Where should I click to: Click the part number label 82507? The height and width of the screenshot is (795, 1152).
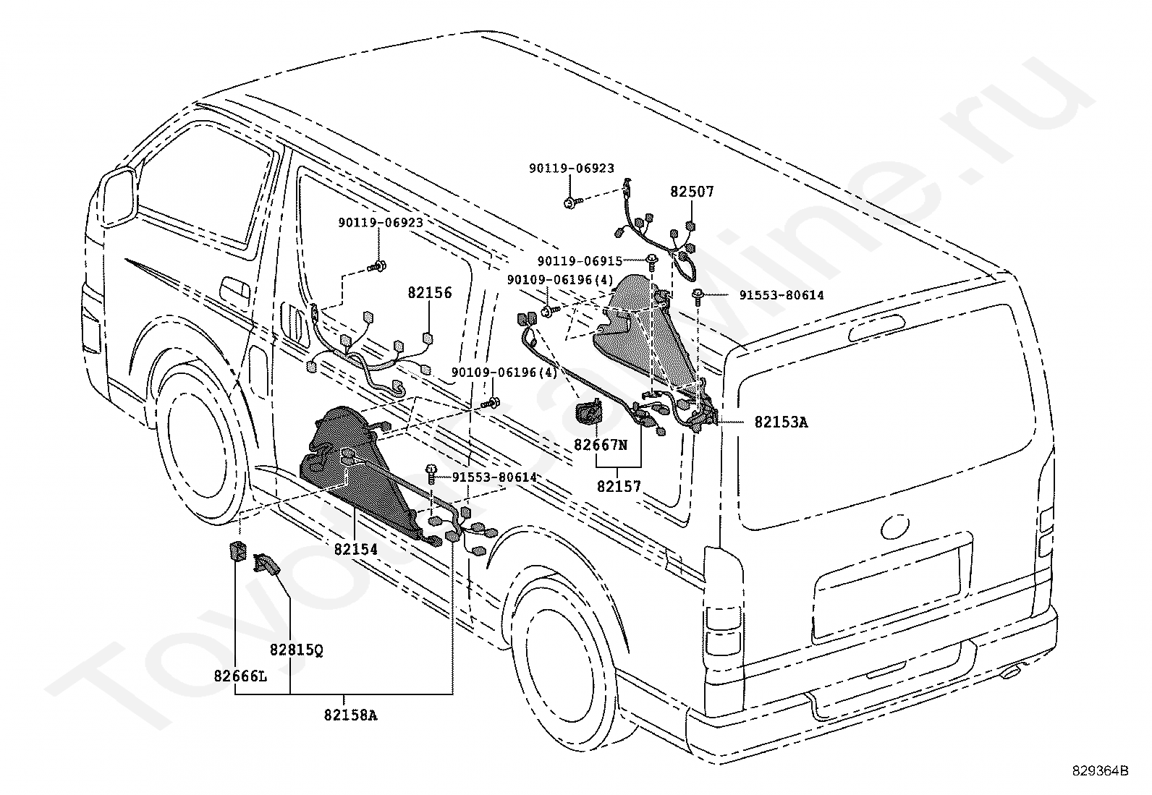click(692, 192)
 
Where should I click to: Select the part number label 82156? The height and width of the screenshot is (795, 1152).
click(429, 292)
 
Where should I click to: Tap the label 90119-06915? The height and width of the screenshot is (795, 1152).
click(580, 261)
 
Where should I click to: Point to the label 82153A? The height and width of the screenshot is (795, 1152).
click(781, 422)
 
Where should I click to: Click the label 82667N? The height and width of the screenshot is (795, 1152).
click(600, 444)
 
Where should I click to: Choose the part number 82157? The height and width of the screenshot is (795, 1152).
click(619, 486)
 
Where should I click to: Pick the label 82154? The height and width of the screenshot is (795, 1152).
click(356, 549)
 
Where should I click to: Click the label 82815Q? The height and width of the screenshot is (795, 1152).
click(297, 650)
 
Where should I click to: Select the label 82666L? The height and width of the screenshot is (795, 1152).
click(241, 676)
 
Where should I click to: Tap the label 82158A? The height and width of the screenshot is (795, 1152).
click(350, 715)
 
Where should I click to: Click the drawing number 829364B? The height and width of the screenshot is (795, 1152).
click(1100, 770)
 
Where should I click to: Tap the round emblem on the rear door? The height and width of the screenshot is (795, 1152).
click(895, 526)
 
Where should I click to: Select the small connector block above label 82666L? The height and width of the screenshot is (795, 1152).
click(236, 551)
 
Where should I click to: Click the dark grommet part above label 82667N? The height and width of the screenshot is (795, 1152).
click(588, 412)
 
